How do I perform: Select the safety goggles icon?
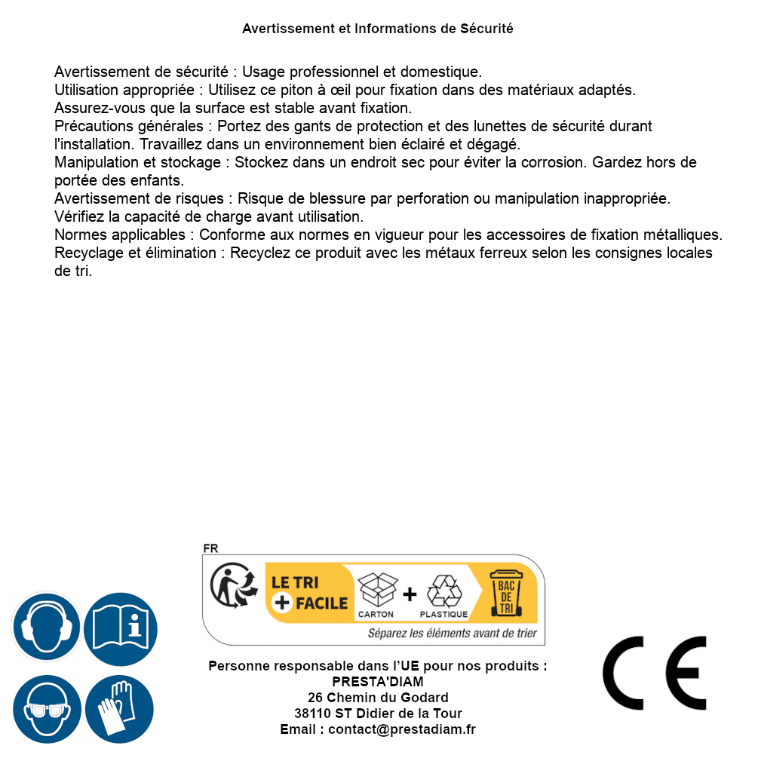[x=46, y=709]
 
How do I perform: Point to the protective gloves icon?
[x=120, y=709]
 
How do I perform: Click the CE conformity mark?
[x=655, y=673]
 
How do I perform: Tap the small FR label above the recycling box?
[x=210, y=548]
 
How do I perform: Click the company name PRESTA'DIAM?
[x=378, y=682]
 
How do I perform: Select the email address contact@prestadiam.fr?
[x=402, y=729]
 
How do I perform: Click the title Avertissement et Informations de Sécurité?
[x=378, y=29]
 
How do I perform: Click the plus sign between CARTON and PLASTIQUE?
[x=410, y=594]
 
